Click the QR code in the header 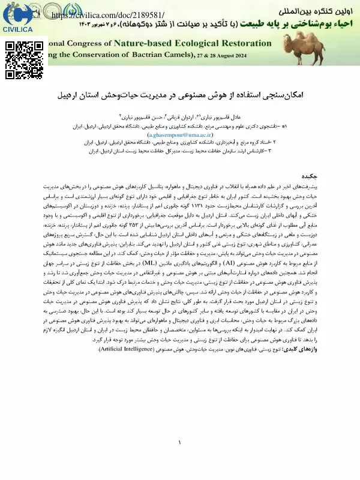coord(21,59)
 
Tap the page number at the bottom coord(179,443)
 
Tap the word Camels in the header coord(173,56)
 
